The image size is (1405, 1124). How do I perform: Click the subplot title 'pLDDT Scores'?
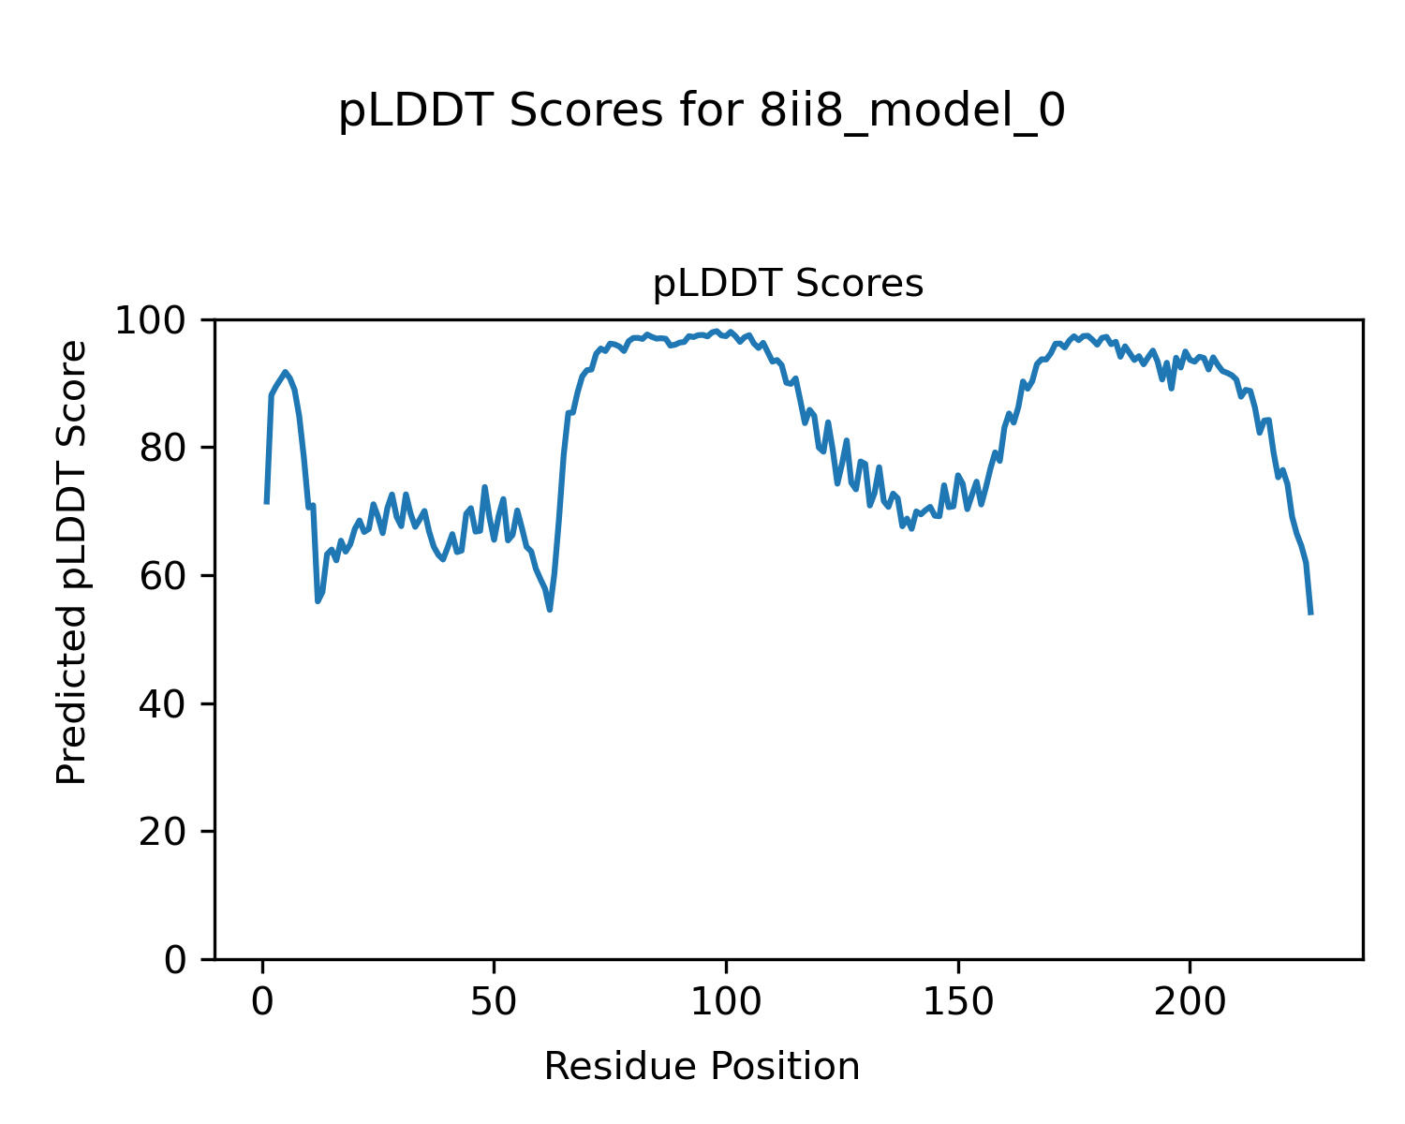pyautogui.click(x=788, y=284)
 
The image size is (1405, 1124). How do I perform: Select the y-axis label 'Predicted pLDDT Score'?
pyautogui.click(x=72, y=562)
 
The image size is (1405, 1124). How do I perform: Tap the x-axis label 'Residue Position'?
pyautogui.click(x=702, y=1067)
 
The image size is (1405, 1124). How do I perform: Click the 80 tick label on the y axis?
pyautogui.click(x=163, y=449)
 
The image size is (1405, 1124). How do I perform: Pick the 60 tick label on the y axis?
pyautogui.click(x=163, y=576)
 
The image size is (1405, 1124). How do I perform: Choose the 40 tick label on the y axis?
pyautogui.click(x=163, y=704)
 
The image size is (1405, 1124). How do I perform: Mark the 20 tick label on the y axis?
pyautogui.click(x=163, y=832)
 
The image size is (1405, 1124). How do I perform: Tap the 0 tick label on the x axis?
pyautogui.click(x=262, y=1002)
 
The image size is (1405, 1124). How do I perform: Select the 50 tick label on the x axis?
pyautogui.click(x=494, y=1002)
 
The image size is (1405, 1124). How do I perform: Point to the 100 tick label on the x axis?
pyautogui.click(x=725, y=1002)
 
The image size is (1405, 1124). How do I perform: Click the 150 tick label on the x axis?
pyautogui.click(x=957, y=1002)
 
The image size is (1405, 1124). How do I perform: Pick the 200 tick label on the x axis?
pyautogui.click(x=1189, y=1002)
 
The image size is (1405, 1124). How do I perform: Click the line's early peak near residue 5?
pyautogui.click(x=285, y=372)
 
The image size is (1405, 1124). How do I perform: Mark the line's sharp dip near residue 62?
pyautogui.click(x=550, y=610)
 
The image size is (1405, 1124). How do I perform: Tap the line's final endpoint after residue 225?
pyautogui.click(x=1310, y=614)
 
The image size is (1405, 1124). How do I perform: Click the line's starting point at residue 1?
pyautogui.click(x=267, y=503)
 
